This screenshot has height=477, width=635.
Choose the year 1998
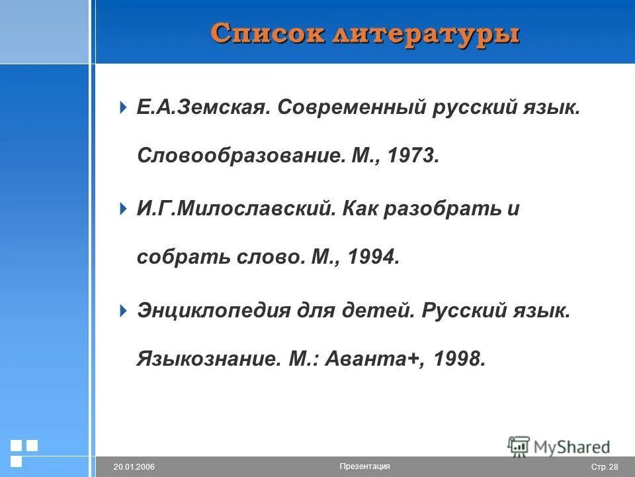(460, 359)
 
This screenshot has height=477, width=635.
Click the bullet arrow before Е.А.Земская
(123, 107)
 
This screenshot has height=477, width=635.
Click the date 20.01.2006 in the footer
(134, 467)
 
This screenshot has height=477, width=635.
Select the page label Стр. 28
(604, 467)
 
